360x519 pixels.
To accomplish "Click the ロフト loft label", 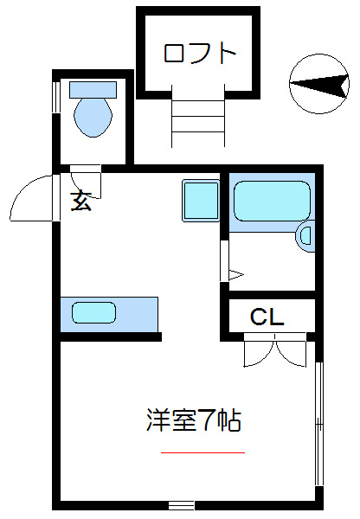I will point(200,54).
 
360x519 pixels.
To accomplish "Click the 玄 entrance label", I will point(80,202).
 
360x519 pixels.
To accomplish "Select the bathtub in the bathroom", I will point(271,201).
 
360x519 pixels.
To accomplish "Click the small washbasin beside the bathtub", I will point(305,235).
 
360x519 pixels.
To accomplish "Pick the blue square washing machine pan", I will point(200,200).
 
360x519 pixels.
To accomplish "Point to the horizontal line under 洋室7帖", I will point(202,452).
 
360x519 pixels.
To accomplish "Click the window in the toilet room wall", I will point(56,97).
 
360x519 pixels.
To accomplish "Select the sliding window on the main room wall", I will point(318,424).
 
